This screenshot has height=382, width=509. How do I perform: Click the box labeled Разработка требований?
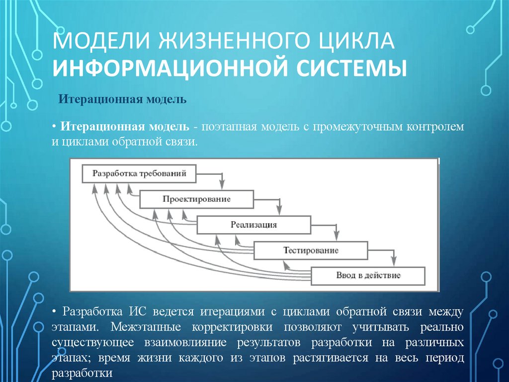pos(139,174)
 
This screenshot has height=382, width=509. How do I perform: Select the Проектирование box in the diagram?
pos(196,199)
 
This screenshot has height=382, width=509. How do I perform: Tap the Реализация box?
pos(254,225)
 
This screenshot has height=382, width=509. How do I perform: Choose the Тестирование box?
pos(311,250)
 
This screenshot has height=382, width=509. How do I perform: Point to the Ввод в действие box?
pos(368,275)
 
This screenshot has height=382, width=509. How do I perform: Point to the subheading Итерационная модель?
pos(123,100)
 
